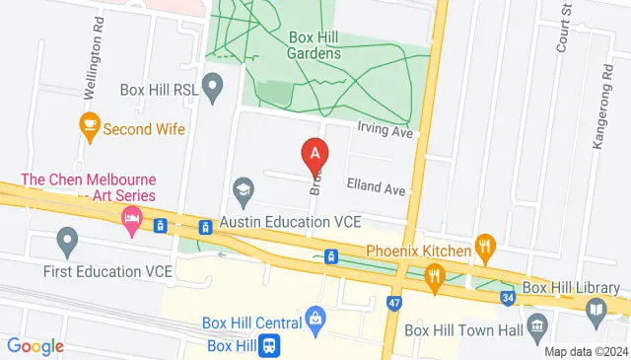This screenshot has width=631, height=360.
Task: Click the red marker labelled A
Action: point(314,154)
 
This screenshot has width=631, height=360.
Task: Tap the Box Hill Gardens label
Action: point(315,45)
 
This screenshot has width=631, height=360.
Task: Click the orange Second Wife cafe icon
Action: point(90,126)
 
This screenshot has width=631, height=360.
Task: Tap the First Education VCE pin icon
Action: point(67,239)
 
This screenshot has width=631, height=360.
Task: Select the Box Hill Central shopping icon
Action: point(315,318)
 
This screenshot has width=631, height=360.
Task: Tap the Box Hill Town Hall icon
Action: point(537,325)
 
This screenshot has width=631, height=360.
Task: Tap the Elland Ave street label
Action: point(375,187)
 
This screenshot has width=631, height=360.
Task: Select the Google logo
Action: point(35,346)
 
